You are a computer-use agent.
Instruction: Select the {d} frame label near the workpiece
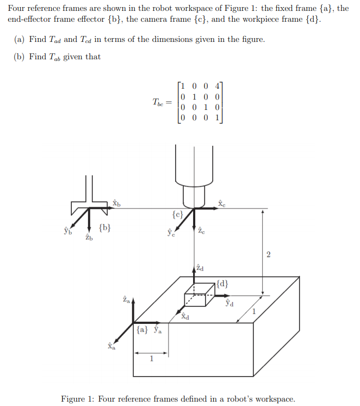(x=222, y=283)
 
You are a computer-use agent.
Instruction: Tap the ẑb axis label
(x=89, y=237)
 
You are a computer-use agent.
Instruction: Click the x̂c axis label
(x=221, y=203)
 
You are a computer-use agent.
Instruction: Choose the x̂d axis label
(x=185, y=316)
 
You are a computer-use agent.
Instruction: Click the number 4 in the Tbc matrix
(x=218, y=85)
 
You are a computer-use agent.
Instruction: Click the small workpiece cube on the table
(x=200, y=293)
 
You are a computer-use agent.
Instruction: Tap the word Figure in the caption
(x=73, y=399)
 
